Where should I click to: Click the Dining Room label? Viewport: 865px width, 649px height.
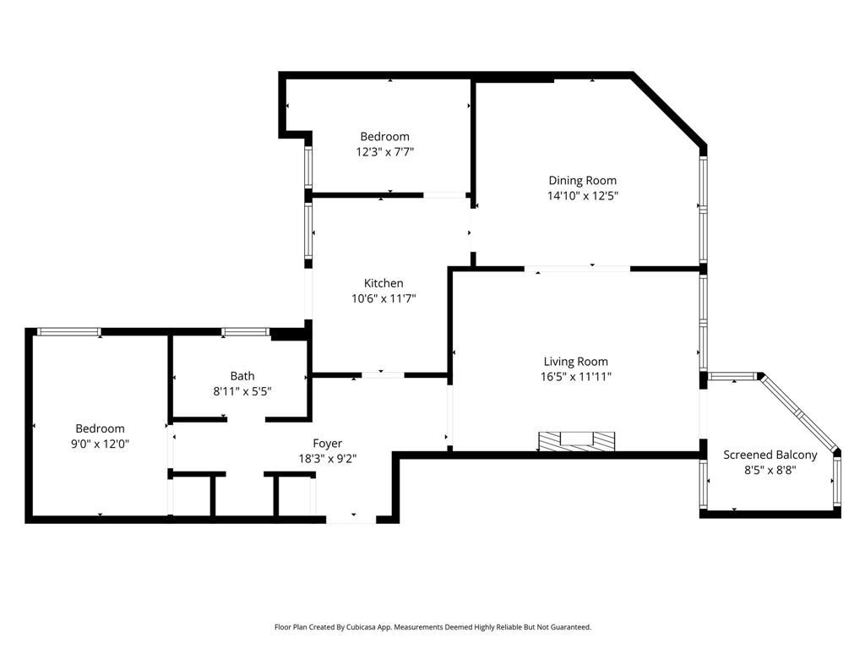[583, 181]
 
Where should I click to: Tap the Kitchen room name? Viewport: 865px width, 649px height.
[384, 283]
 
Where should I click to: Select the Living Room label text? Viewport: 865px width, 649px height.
[576, 362]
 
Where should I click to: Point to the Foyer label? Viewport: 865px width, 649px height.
[327, 443]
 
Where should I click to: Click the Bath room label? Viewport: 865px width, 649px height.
[242, 376]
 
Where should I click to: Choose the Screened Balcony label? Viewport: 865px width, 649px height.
[770, 455]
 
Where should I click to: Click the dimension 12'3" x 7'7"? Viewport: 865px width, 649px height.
[384, 152]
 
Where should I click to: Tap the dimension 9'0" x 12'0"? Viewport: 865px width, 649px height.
[100, 444]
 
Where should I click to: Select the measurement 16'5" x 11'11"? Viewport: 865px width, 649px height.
[576, 377]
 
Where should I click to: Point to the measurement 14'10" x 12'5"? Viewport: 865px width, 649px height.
[583, 195]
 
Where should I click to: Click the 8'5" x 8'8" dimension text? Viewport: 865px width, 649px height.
[770, 470]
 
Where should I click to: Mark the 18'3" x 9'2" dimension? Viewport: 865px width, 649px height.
[328, 459]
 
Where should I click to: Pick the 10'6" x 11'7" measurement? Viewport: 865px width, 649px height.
[384, 298]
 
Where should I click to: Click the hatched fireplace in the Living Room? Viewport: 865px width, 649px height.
[576, 441]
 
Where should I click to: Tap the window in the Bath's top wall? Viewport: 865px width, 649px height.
[245, 331]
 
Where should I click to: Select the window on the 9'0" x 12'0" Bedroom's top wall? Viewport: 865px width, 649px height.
[69, 331]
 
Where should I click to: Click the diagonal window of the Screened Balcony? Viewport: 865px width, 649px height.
[798, 412]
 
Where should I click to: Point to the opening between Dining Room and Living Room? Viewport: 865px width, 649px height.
[577, 270]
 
